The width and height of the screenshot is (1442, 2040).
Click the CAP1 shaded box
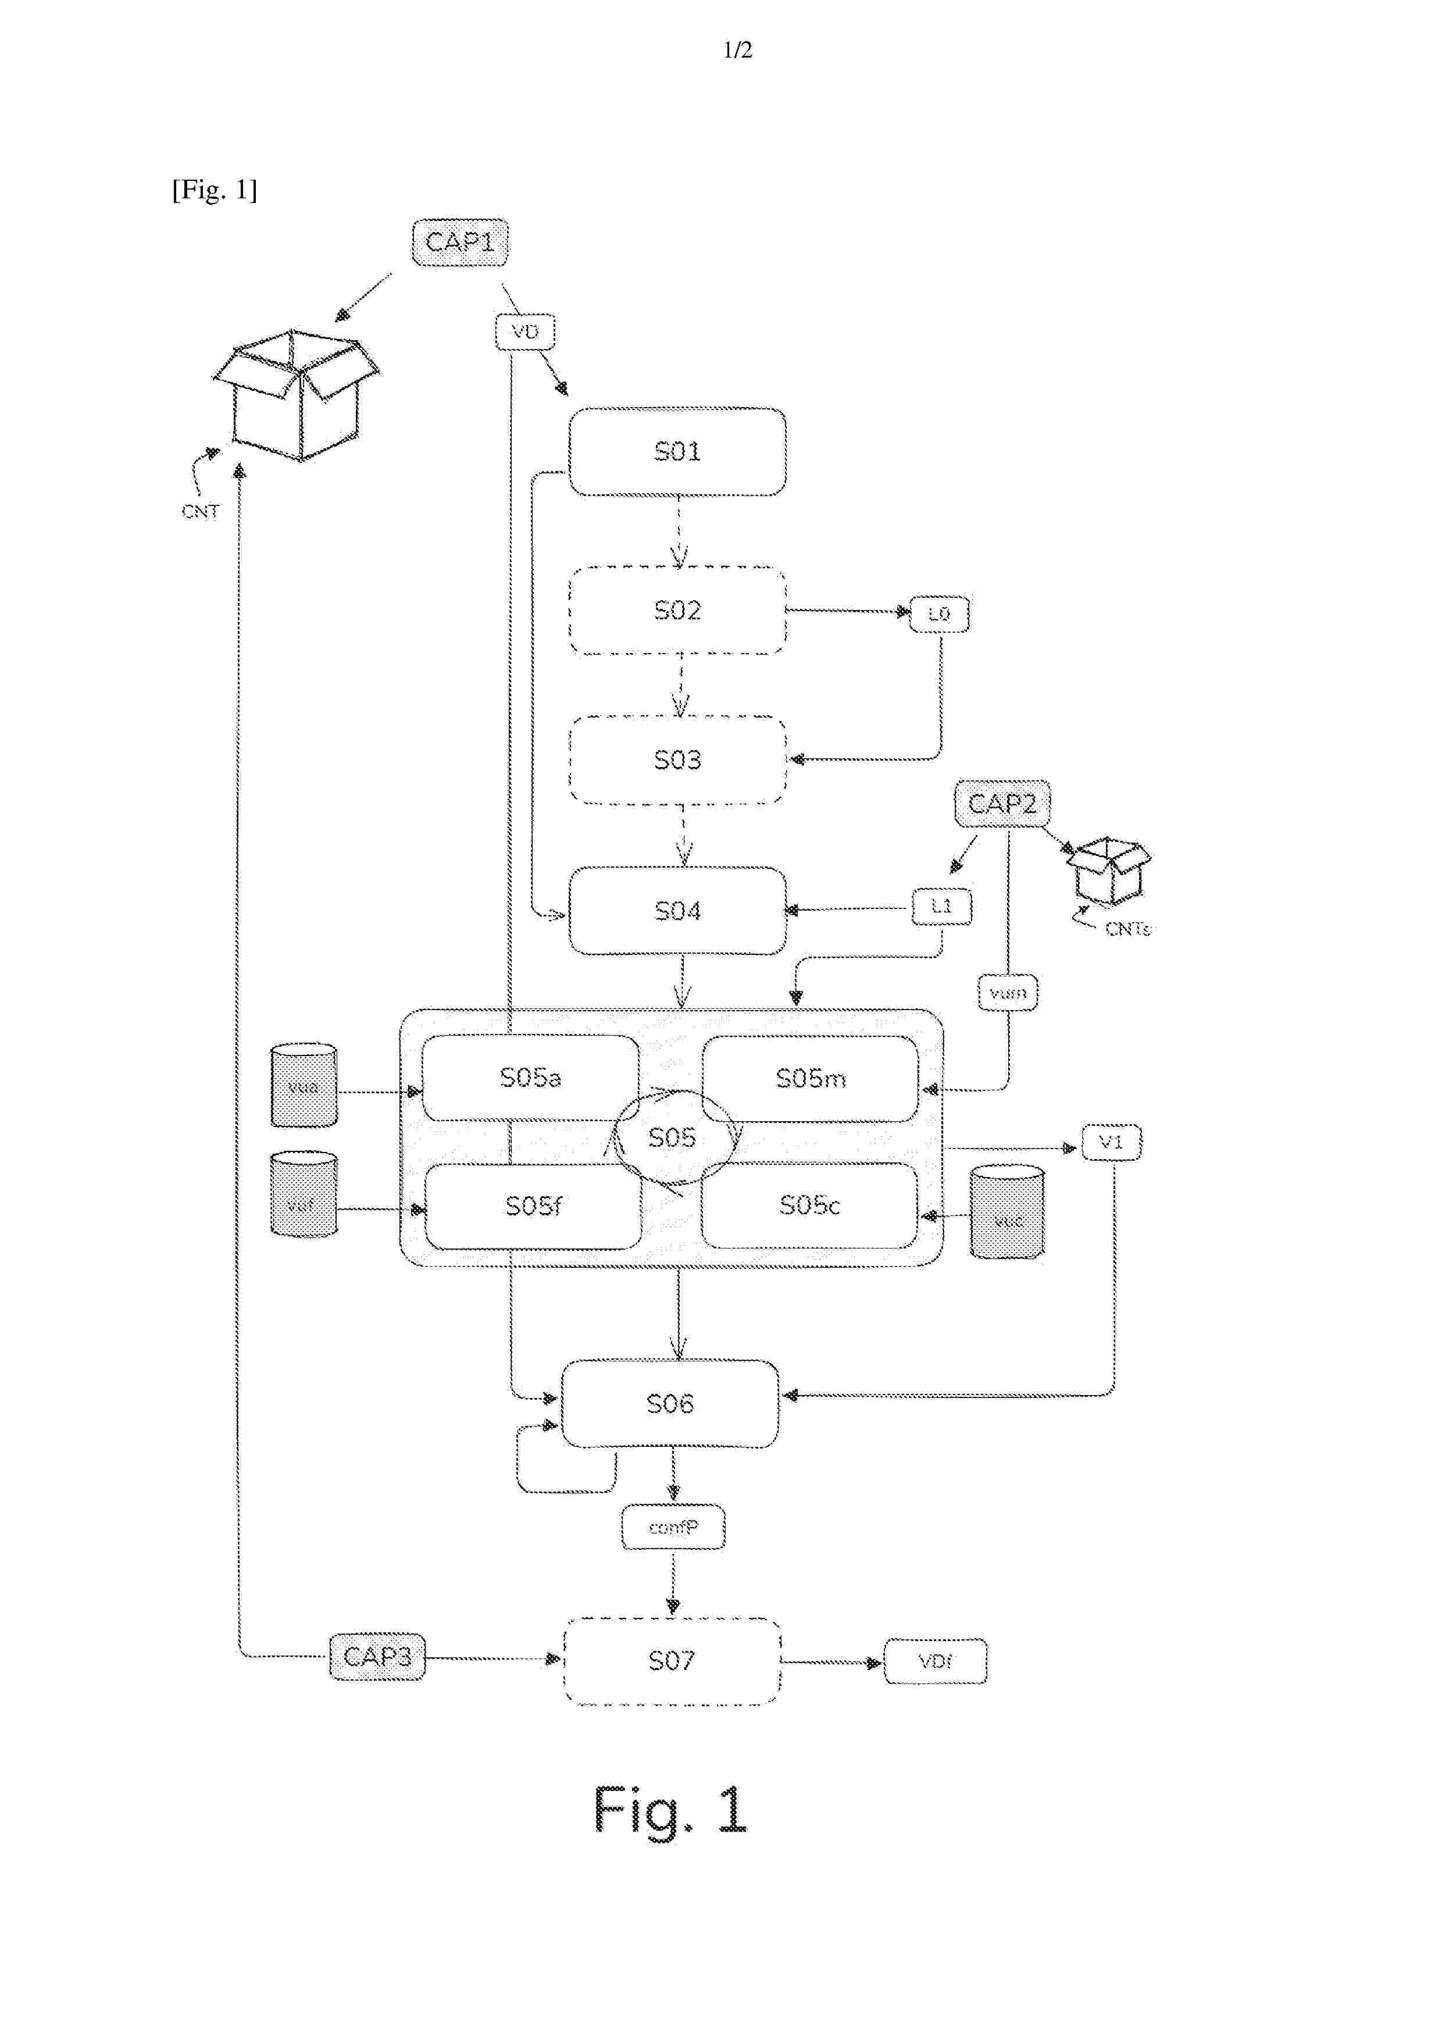coord(459,242)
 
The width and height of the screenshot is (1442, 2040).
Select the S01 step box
coord(677,451)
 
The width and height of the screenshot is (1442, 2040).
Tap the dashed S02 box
coord(677,611)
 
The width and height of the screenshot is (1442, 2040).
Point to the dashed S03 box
coord(677,759)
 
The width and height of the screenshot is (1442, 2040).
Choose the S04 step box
coord(677,911)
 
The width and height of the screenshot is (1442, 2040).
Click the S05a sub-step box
coord(530,1078)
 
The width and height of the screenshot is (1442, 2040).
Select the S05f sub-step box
coord(533,1206)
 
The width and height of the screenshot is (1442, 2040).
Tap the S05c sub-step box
coord(809,1205)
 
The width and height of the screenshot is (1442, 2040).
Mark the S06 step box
coord(670,1404)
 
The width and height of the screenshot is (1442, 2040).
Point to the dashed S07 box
coord(672,1661)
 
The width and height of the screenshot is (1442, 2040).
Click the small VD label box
coord(525,331)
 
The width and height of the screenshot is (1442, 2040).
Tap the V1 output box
coord(1111,1142)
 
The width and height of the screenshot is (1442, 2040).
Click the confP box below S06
coord(673,1527)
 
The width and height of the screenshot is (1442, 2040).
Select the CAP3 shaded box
coord(377,1657)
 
